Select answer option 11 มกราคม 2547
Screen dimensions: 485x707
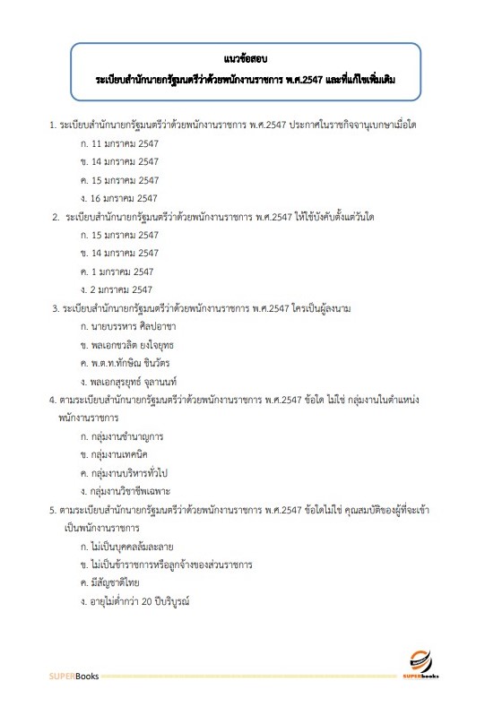tap(124, 143)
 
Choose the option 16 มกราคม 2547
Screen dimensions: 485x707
tap(124, 198)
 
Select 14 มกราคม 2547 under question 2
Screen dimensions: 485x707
tap(124, 254)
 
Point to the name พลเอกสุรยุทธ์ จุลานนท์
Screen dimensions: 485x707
tap(140, 382)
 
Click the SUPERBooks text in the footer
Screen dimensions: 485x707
tap(74, 676)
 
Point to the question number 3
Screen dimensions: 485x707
tap(56, 308)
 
